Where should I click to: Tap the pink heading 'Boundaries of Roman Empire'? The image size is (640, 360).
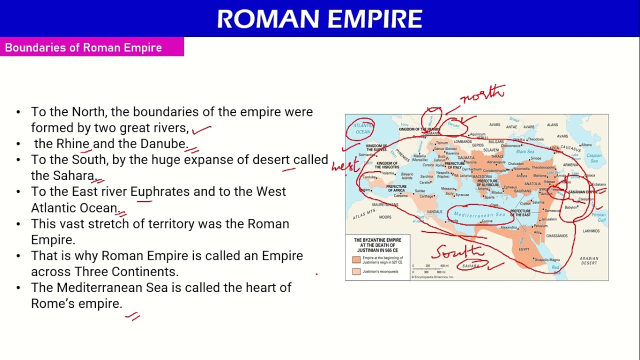point(83,48)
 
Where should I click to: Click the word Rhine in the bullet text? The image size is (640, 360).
point(72,144)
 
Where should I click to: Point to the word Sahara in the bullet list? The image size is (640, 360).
point(74,176)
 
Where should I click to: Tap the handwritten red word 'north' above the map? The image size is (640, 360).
point(483,93)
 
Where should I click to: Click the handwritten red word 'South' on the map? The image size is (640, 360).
point(458,251)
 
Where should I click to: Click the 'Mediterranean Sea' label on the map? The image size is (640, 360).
point(479,215)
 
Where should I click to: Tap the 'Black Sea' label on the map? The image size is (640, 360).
point(525,151)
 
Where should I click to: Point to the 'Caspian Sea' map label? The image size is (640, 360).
point(594,158)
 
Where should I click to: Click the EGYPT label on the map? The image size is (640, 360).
point(523,249)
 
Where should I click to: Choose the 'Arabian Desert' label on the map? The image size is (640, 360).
point(589,260)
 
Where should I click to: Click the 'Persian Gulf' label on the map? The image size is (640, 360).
point(598,217)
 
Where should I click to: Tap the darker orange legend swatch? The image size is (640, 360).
point(356,260)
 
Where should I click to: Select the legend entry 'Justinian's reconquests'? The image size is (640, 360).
point(380,271)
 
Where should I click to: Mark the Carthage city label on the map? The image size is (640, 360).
point(426,196)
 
